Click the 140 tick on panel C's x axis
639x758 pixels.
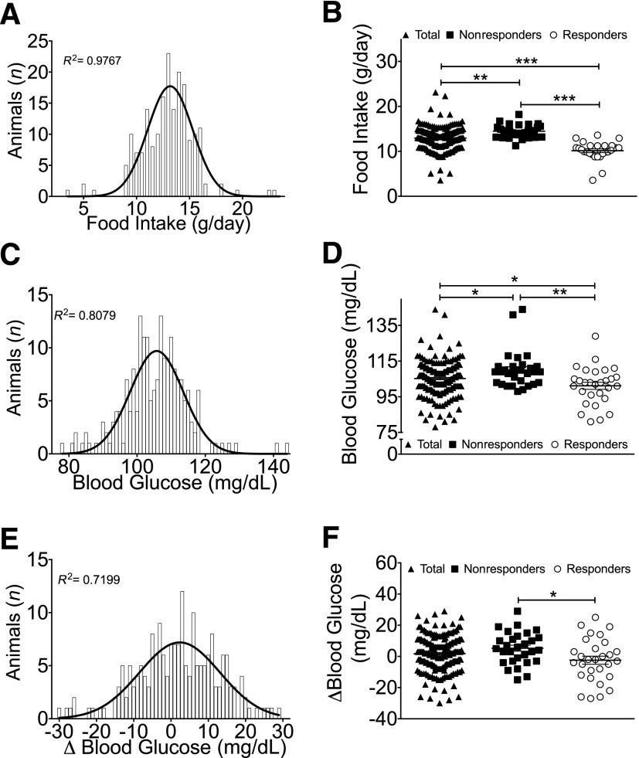pos(267,465)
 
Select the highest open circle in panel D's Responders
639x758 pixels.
pos(595,336)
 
